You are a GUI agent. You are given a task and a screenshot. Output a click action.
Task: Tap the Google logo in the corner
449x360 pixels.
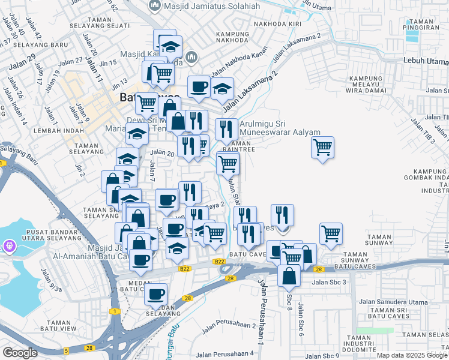(x=20, y=353)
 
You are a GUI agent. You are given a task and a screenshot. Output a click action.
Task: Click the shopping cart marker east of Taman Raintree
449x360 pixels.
(x=323, y=146)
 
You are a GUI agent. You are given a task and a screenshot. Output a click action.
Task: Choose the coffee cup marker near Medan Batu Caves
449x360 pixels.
(x=156, y=294)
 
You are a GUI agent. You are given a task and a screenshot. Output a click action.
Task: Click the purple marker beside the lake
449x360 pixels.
(x=9, y=246)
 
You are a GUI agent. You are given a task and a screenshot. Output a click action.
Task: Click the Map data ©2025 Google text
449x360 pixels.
(x=412, y=355)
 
